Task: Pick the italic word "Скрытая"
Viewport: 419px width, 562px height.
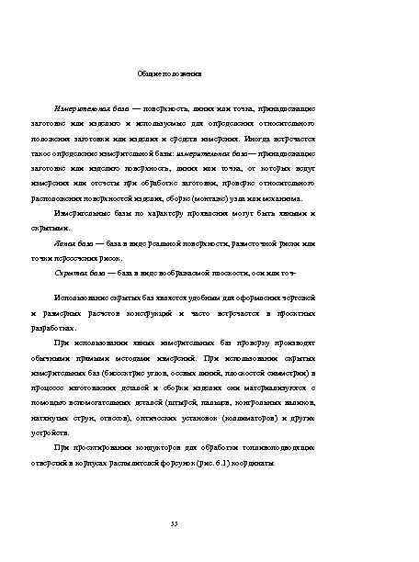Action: pos(70,274)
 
